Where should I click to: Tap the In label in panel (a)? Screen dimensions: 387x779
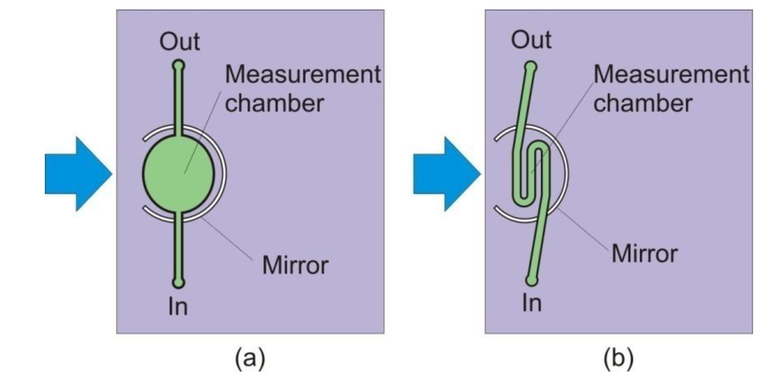pos(178,306)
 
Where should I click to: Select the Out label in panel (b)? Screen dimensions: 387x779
pos(531,40)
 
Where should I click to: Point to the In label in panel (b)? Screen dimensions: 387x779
pos(532,303)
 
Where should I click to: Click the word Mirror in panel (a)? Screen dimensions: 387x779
pos(295,265)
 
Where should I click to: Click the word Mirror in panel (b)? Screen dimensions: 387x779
pos(644,252)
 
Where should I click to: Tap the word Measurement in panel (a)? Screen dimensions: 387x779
pos(303,75)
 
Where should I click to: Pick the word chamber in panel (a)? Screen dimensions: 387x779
pos(275,102)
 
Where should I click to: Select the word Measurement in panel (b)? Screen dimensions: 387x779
pos(671,75)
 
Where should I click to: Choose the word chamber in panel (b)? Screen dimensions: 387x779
pos(643,102)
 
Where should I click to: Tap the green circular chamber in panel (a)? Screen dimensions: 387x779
pos(178,173)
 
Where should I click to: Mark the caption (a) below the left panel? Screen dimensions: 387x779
pos(250,357)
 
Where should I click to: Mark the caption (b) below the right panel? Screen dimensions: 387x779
pos(618,357)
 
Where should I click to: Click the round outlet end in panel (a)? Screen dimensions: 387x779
pos(178,65)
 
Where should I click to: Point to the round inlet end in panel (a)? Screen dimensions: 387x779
pos(178,284)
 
